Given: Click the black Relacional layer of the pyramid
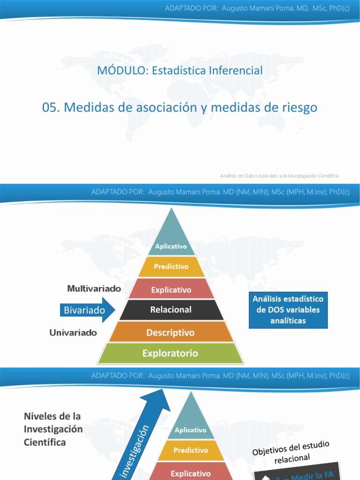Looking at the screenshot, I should (171, 310).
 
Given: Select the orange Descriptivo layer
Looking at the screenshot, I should (171, 332).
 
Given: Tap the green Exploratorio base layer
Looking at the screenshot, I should (171, 353).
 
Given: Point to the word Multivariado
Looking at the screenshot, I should (94, 289).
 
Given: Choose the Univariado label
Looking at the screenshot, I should (73, 333).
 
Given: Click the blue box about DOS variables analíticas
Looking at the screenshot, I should (288, 310).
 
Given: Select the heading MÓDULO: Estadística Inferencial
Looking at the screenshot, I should (180, 70).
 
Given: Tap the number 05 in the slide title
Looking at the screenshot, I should (50, 107).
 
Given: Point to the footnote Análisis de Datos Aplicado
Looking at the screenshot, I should (279, 176).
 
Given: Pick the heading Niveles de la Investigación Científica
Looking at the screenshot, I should (53, 429).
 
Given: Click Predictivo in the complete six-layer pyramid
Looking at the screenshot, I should (171, 266).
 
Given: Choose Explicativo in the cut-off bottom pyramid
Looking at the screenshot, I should (190, 473).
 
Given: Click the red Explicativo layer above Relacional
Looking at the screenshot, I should (171, 290).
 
